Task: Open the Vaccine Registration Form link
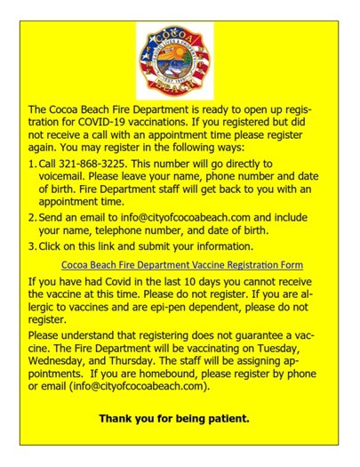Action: tap(181, 264)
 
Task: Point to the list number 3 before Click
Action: tap(32, 246)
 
